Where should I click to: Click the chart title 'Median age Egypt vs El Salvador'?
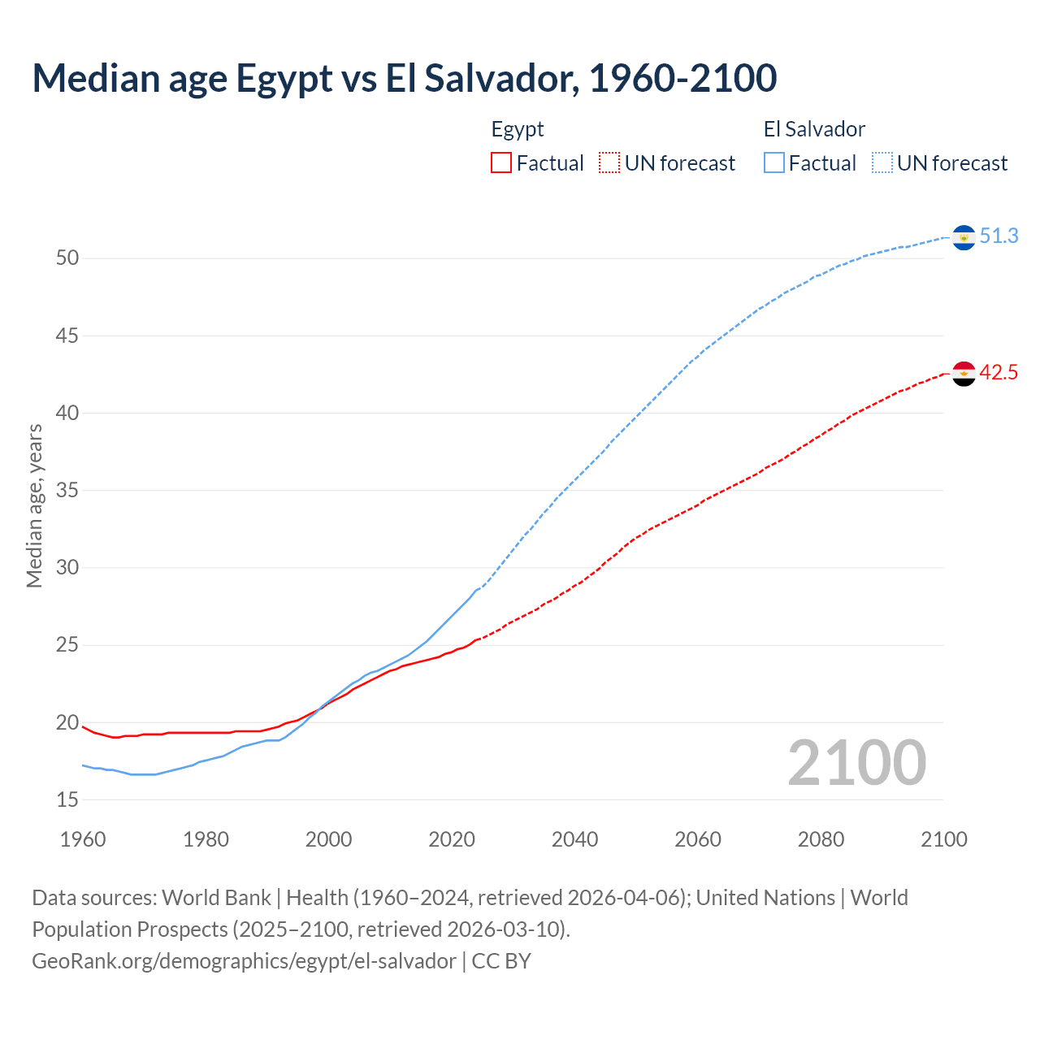tap(404, 78)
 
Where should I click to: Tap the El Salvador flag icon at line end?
tap(964, 237)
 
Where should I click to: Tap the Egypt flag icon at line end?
tap(964, 374)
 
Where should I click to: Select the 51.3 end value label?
tap(999, 236)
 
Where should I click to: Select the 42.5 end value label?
tap(999, 373)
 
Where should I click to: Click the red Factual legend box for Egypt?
tap(501, 162)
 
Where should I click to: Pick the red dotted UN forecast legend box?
tap(609, 162)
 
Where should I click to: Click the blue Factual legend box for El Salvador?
tap(774, 162)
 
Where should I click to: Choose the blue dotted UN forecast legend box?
tap(882, 162)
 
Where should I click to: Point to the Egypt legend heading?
tap(518, 129)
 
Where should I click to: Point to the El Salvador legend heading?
tap(814, 129)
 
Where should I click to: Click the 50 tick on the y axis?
tap(67, 258)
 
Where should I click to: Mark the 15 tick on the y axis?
tap(67, 800)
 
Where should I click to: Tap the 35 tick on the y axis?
tap(67, 491)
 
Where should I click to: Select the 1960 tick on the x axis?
tap(83, 839)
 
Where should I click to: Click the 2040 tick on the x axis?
tap(574, 839)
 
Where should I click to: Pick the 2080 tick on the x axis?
tap(821, 839)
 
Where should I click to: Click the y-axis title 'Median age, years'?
tap(34, 505)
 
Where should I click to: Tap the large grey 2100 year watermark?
tap(856, 762)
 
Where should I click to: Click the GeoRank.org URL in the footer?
tap(244, 961)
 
